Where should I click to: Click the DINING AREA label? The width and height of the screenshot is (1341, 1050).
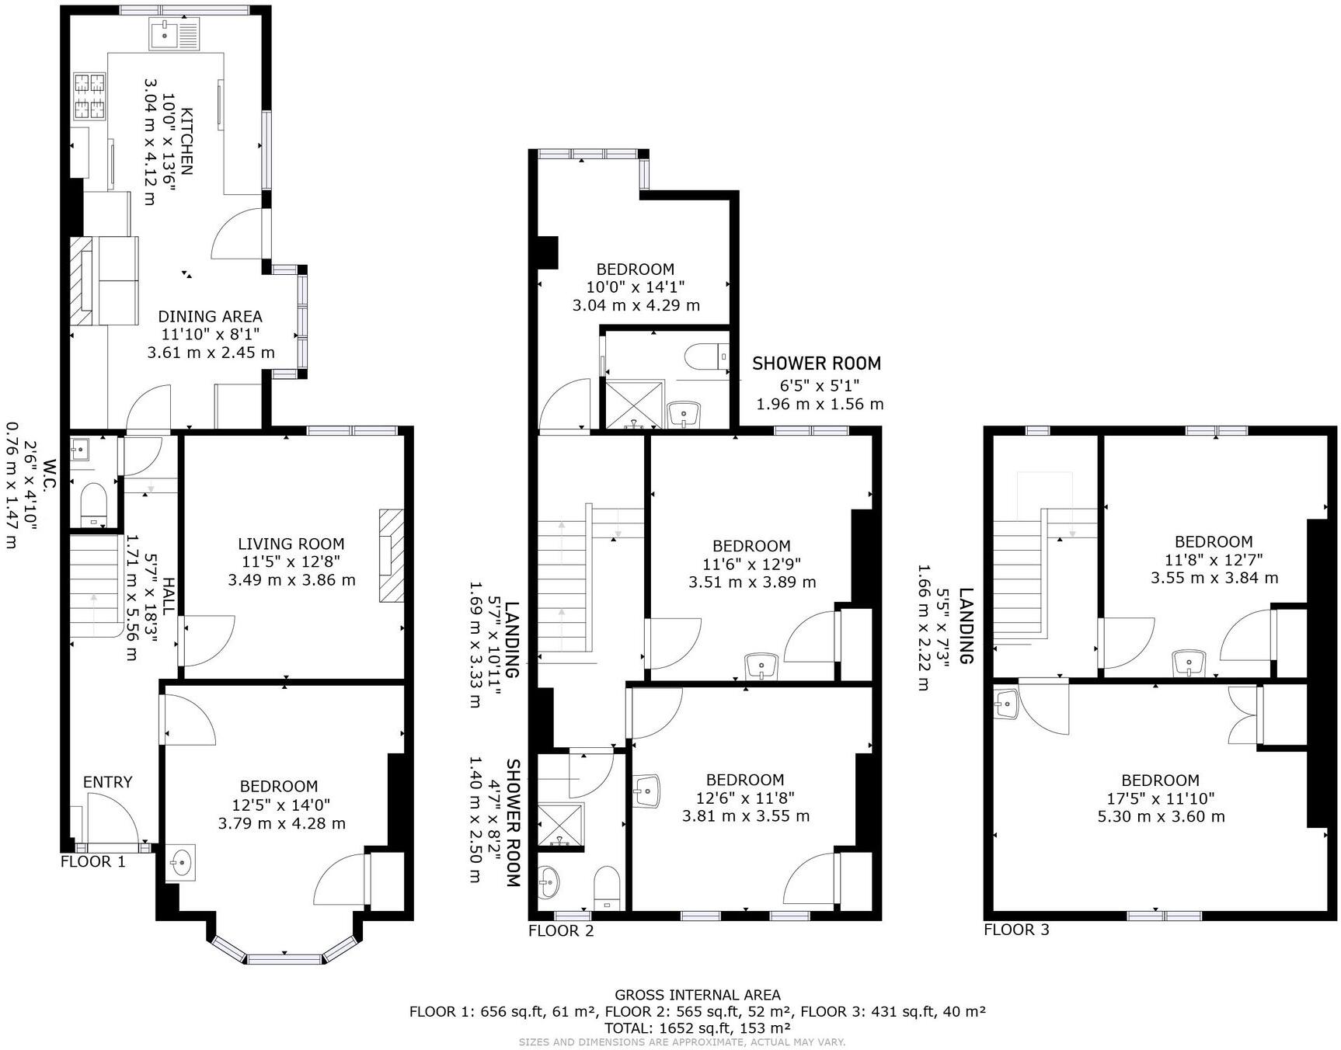(210, 317)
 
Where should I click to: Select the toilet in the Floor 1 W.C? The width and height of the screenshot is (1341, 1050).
(93, 503)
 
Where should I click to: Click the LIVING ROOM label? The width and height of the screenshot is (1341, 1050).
(291, 544)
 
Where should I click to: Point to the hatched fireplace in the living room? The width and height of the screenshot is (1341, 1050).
(392, 555)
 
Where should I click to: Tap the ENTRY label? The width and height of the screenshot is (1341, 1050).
(107, 782)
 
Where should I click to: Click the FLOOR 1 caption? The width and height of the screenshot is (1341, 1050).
(92, 861)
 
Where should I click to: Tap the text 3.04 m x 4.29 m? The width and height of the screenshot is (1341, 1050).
(636, 305)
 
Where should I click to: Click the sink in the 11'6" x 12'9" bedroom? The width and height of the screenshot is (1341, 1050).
(761, 666)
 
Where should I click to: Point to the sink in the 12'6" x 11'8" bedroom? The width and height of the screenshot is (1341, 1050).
(647, 791)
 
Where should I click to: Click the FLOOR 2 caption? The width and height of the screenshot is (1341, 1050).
(560, 930)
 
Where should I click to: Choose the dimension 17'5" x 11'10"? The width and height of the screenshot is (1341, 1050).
(1160, 798)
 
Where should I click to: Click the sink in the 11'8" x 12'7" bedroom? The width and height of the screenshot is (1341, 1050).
(1189, 662)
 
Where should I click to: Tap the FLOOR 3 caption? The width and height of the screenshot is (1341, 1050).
(1016, 930)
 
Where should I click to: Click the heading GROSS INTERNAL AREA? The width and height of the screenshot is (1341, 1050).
(697, 995)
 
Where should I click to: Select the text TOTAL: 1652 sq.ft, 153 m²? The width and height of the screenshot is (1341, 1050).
(697, 1027)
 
